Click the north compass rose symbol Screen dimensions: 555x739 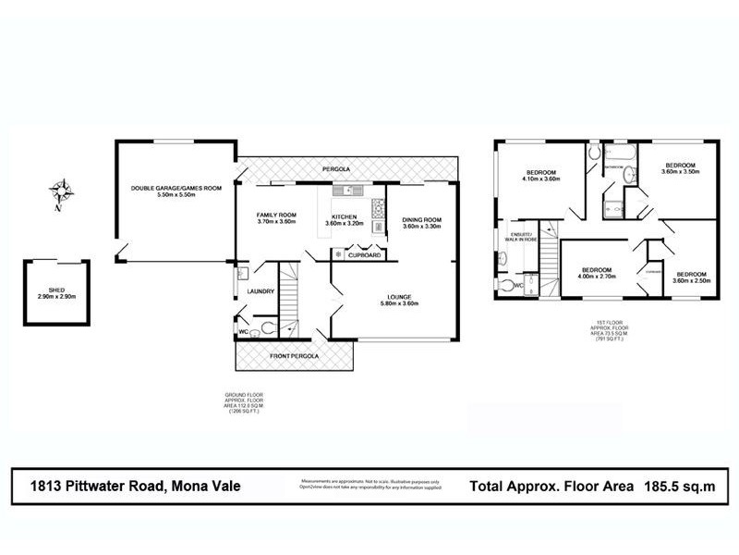point(63,193)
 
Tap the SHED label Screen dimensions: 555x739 point(56,290)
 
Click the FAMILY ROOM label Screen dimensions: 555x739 point(275,215)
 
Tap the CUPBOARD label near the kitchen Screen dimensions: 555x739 point(365,254)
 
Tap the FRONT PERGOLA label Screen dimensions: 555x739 point(295,355)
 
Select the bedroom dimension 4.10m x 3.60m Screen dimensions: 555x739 point(541,180)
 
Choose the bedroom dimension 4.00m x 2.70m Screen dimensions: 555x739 point(596,277)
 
